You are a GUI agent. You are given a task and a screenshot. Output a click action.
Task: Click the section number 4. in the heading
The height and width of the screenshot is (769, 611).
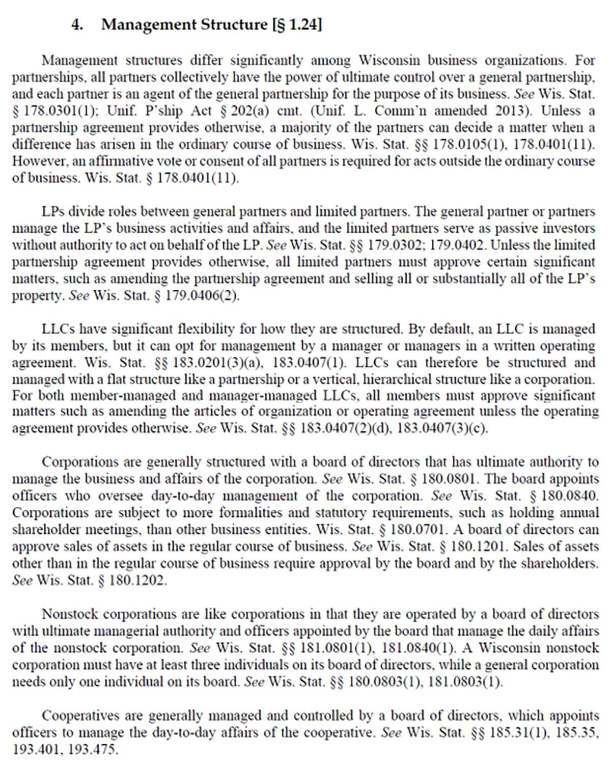click(x=77, y=24)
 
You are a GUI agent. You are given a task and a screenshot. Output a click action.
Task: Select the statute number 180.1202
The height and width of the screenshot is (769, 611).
click(x=137, y=580)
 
